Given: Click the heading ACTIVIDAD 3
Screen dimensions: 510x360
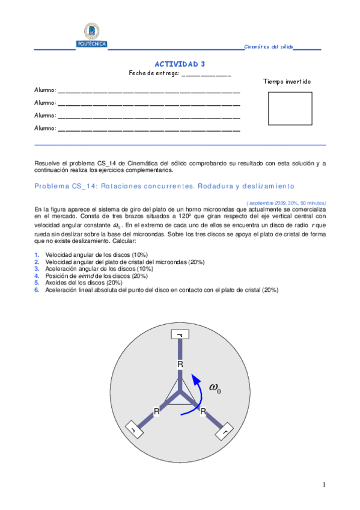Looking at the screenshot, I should (x=180, y=64).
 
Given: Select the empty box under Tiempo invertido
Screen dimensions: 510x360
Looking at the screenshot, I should (x=290, y=108).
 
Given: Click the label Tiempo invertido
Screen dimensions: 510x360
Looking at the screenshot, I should (x=287, y=82).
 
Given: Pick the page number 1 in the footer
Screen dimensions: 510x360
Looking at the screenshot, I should (x=324, y=485).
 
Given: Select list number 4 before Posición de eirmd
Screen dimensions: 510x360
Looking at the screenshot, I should (x=37, y=276).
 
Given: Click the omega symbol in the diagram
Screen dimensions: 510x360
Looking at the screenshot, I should (x=215, y=388).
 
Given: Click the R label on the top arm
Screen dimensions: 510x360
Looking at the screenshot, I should (x=179, y=364).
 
